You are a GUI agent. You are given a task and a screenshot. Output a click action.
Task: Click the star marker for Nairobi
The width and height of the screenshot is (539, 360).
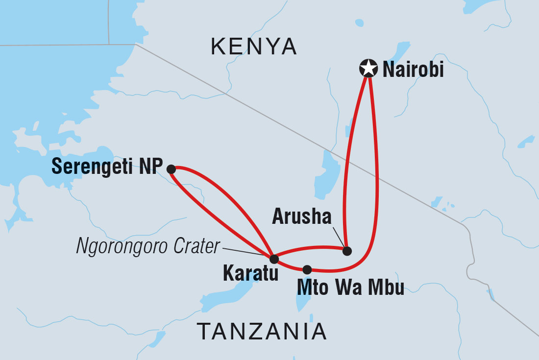(x=368, y=69)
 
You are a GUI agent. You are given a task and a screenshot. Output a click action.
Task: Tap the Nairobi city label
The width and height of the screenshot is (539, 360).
(x=413, y=70)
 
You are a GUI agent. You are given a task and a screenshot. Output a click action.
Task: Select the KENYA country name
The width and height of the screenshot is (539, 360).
(x=254, y=47)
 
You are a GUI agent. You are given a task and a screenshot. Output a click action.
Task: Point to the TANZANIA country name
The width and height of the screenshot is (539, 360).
(x=262, y=332)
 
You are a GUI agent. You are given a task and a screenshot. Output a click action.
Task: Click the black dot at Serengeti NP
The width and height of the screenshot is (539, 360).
(x=171, y=169)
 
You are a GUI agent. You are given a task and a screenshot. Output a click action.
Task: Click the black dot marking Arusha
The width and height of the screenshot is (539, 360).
(x=347, y=251)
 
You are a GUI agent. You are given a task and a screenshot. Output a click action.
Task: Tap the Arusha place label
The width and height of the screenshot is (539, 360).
(x=302, y=217)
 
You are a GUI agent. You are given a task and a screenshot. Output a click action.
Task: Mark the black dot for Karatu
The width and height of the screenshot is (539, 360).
(x=274, y=259)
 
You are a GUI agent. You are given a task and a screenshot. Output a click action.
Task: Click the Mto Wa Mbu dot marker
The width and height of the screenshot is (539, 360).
(x=307, y=269)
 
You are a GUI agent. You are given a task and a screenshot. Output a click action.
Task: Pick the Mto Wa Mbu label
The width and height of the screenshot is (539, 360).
(x=350, y=288)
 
